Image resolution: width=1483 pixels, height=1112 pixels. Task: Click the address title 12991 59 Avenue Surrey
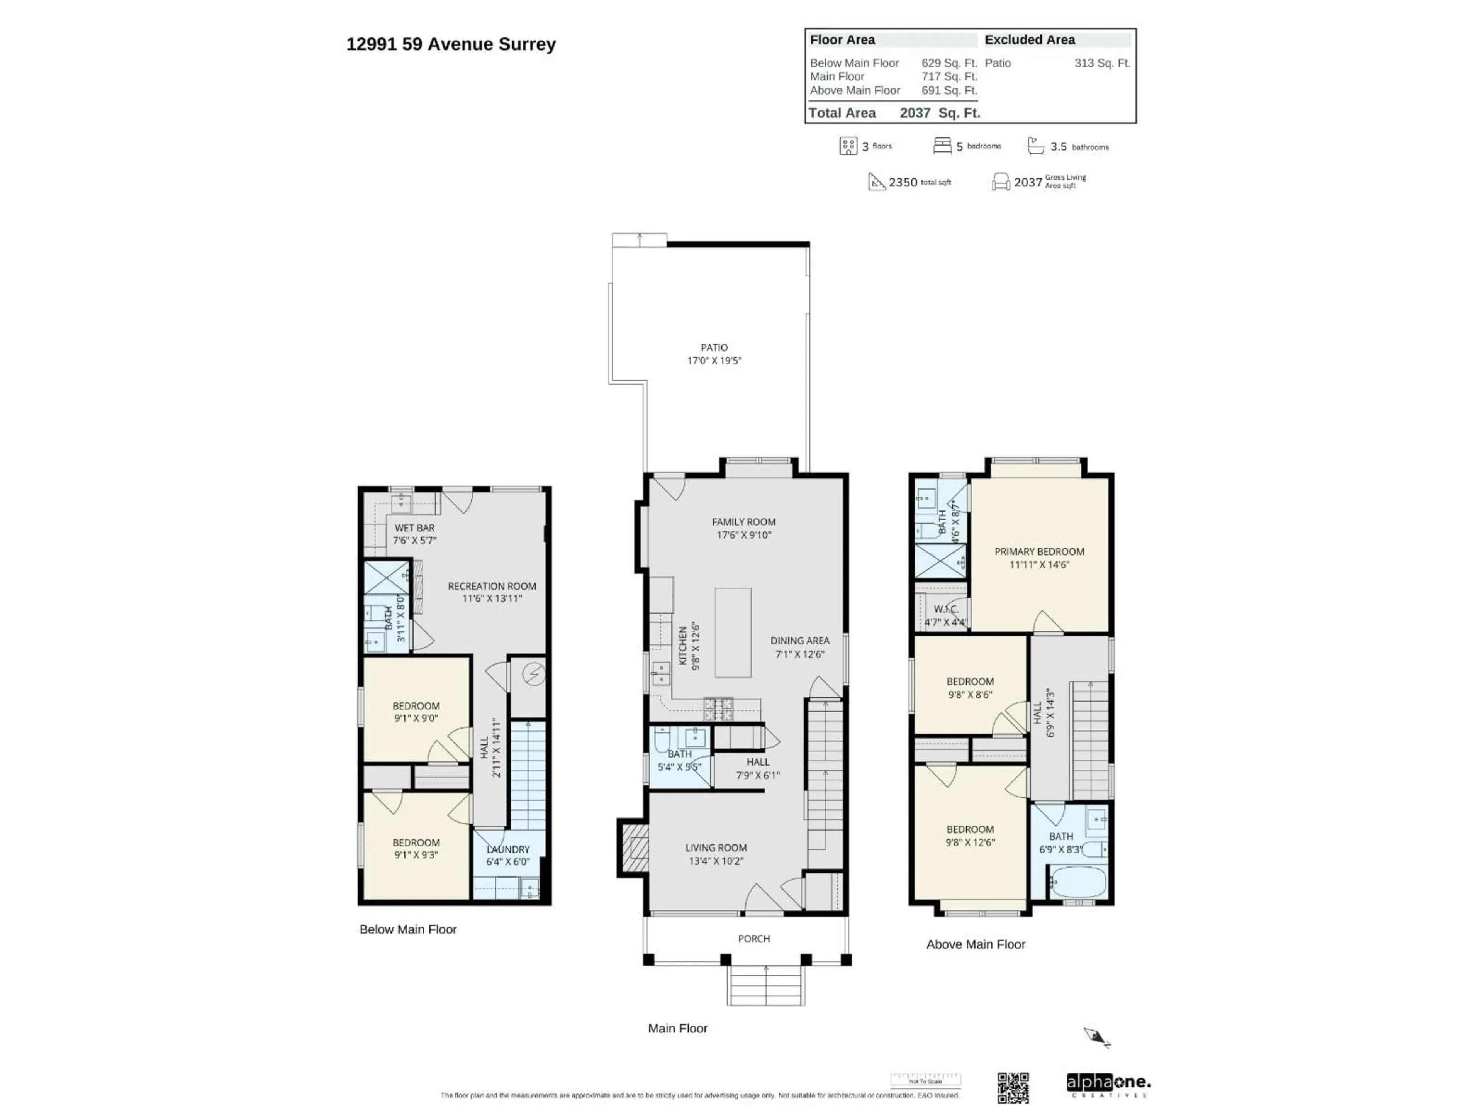point(451,44)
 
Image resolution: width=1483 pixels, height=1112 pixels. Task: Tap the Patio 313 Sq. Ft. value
point(1101,63)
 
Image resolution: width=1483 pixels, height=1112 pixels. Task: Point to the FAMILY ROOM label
point(743,522)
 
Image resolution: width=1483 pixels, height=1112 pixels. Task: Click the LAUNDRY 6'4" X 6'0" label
point(507,855)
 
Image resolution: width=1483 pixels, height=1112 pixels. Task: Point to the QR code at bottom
point(1013,1087)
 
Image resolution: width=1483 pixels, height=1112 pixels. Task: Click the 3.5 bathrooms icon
point(1036,146)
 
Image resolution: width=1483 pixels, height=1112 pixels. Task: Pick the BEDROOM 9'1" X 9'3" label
point(416,849)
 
